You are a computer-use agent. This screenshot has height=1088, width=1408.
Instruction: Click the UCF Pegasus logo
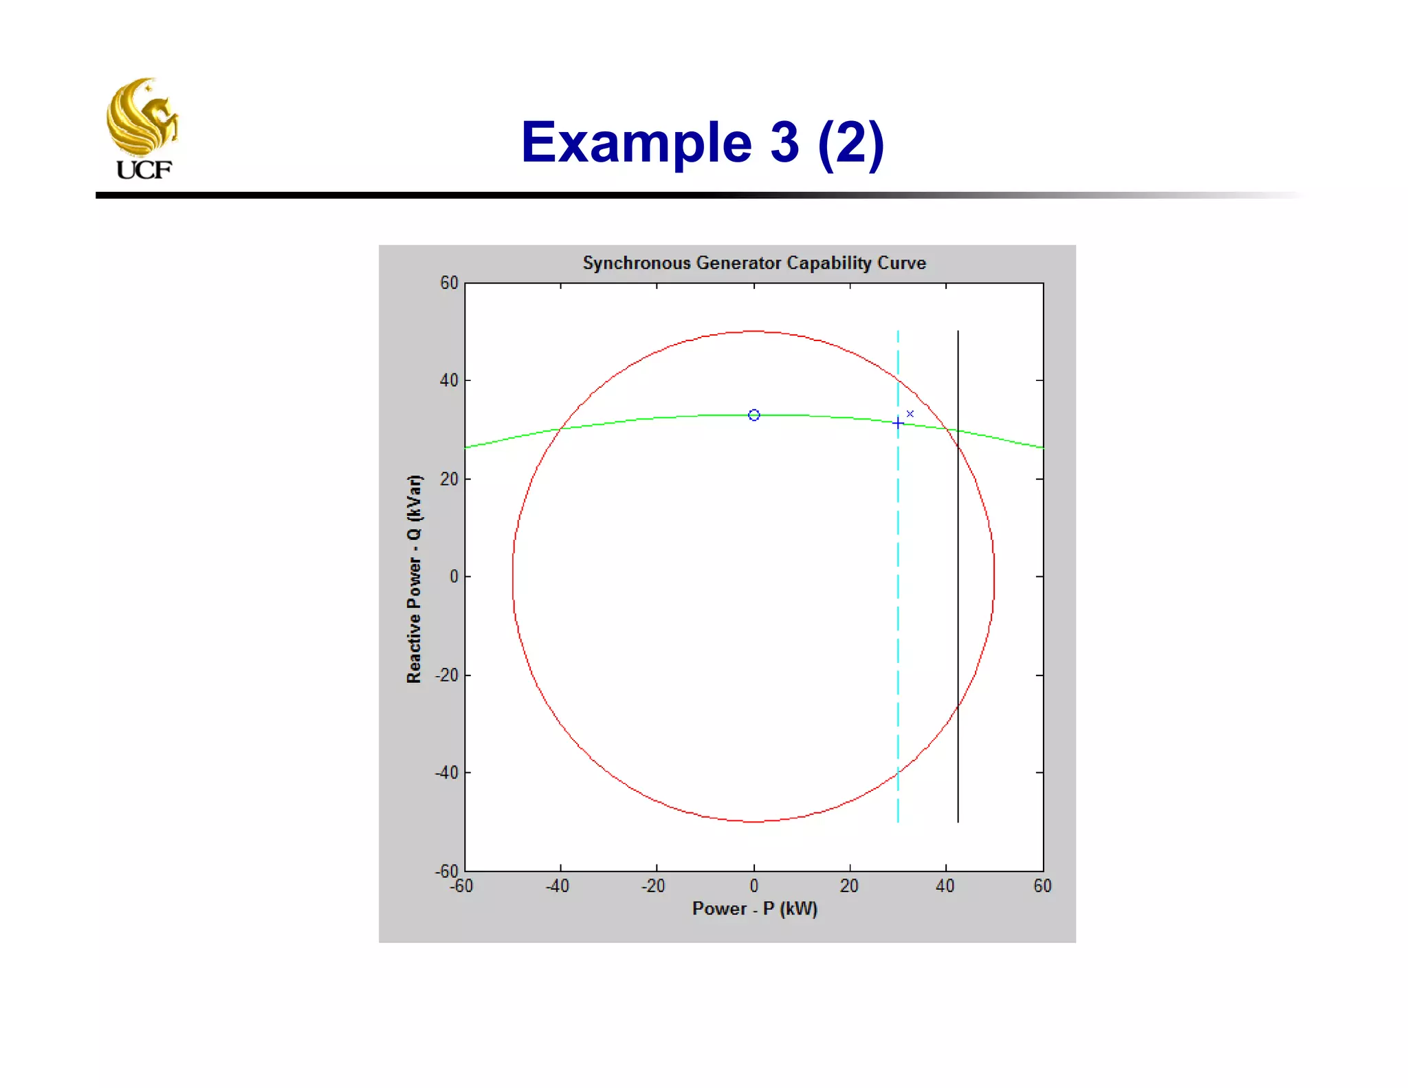(142, 128)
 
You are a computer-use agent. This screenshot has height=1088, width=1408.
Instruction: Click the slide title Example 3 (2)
(702, 142)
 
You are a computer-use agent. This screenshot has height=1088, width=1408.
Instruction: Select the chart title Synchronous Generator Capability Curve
(754, 263)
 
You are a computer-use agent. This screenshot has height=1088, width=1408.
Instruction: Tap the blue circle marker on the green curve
(754, 415)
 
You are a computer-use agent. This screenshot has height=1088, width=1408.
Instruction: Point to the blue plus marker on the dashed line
(898, 423)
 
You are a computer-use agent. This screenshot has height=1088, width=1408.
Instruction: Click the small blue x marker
(910, 414)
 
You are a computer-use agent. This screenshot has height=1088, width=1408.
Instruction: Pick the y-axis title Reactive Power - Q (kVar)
(414, 578)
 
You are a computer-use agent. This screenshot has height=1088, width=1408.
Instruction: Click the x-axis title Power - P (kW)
(754, 909)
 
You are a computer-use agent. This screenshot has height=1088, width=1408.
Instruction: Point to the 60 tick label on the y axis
(449, 283)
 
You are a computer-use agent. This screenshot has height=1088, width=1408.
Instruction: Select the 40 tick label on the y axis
(449, 380)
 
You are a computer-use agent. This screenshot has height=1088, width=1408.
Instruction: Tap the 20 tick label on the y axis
(449, 479)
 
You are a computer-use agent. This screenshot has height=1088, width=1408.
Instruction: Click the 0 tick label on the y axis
(454, 577)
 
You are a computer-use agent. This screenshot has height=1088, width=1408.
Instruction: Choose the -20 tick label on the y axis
(446, 675)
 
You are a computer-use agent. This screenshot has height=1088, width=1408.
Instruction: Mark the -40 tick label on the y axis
(446, 773)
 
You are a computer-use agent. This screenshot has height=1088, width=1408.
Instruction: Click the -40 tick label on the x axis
(558, 886)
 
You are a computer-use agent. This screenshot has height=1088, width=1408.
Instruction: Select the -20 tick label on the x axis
(653, 886)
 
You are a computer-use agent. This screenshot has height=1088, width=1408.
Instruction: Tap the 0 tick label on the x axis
(754, 886)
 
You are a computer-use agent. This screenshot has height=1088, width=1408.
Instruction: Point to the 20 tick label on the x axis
(849, 886)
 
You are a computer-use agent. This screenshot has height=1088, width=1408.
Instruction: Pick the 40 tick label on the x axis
(945, 886)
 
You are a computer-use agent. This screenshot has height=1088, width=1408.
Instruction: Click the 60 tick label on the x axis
(1042, 886)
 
